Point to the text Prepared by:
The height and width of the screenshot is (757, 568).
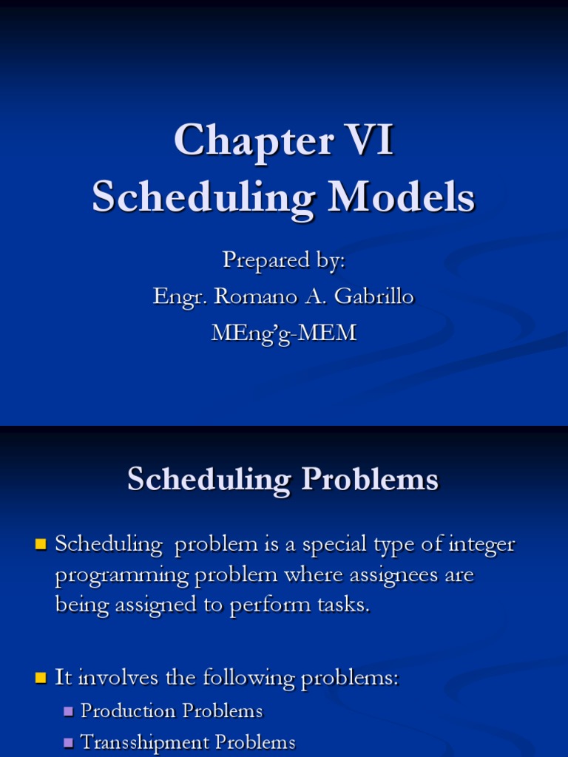[x=284, y=260]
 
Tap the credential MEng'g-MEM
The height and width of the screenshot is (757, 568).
[x=284, y=333]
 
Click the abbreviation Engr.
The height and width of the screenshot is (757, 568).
[x=180, y=296]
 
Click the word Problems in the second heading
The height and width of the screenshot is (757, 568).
[x=370, y=479]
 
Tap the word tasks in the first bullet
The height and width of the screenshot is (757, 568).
[x=342, y=605]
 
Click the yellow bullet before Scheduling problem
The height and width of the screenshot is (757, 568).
[x=41, y=546]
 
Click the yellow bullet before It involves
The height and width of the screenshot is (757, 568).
[x=41, y=678]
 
